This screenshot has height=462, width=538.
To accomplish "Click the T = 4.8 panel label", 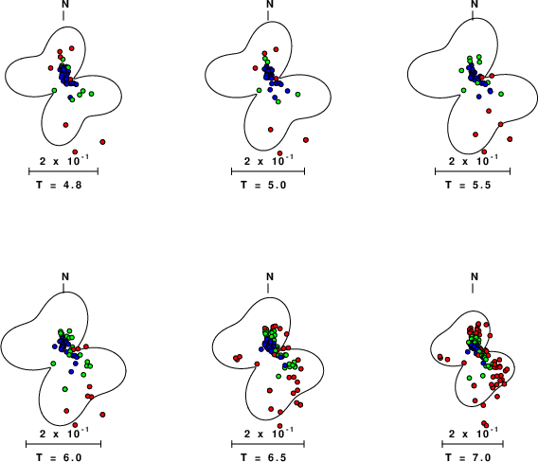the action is tap(59, 186).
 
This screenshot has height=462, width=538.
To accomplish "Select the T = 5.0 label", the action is tap(263, 186).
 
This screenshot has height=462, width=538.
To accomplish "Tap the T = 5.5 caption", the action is tap(468, 186).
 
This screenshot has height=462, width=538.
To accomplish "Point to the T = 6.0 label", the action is tap(59, 457).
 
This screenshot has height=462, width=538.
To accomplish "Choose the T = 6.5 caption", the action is tap(263, 457).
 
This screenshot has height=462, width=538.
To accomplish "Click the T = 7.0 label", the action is tap(468, 457).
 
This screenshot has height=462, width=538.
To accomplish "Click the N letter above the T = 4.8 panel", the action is tap(65, 4).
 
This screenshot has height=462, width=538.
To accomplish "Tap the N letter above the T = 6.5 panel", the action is tap(270, 276).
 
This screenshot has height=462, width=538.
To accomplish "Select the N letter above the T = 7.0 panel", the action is tap(475, 276).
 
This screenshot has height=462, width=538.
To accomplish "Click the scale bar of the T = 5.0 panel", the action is tap(268, 171).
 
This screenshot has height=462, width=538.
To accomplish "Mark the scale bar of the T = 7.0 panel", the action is tap(473, 444).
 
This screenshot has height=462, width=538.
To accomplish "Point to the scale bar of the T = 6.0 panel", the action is tap(63, 444).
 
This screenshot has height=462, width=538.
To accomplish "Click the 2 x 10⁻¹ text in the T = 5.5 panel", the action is tap(474, 159).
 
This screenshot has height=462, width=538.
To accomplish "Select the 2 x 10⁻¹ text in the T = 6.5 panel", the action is tap(269, 433).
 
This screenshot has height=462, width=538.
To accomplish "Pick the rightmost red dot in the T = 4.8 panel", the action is tap(102, 142).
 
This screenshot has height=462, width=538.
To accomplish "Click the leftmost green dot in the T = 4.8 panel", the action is tap(54, 90).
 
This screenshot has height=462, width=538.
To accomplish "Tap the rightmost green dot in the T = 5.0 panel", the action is tap(297, 95).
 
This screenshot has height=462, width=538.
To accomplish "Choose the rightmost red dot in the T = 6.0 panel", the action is tap(102, 415).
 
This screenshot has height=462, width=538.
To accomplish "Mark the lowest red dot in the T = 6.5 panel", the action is tap(280, 426).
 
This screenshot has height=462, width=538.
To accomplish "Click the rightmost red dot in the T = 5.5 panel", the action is tap(510, 139).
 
